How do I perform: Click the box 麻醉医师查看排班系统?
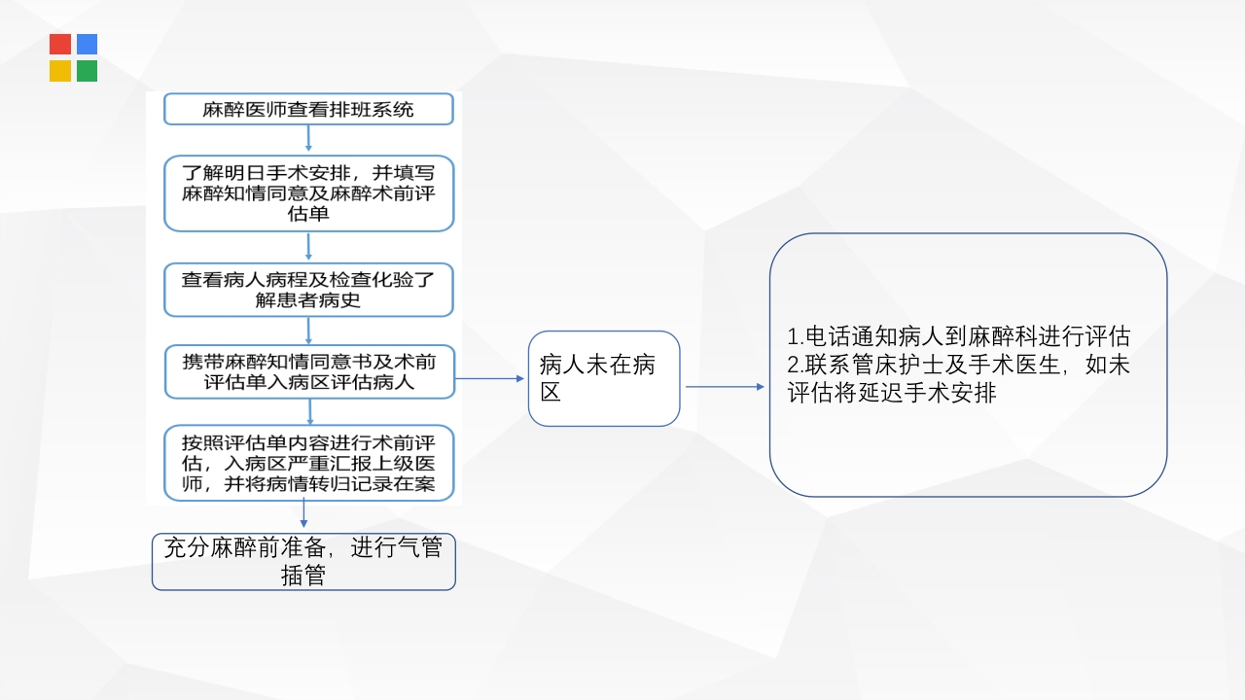click(x=308, y=110)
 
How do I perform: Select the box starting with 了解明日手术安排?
click(x=308, y=193)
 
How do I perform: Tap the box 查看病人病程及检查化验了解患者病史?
click(x=308, y=290)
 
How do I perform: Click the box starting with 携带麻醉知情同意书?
click(x=308, y=371)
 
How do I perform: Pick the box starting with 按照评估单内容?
click(x=308, y=463)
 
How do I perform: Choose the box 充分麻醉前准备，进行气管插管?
click(x=303, y=562)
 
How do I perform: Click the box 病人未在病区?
click(x=603, y=378)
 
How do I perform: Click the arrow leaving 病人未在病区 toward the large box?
click(x=726, y=386)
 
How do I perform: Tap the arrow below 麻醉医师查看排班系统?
click(x=308, y=139)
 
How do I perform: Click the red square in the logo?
click(x=60, y=45)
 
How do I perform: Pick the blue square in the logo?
click(x=87, y=45)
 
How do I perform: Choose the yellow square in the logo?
click(x=60, y=71)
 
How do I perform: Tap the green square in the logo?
click(x=87, y=71)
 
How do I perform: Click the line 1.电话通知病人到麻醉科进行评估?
click(x=958, y=336)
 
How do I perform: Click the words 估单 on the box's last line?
click(x=308, y=214)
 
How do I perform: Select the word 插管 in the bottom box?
click(x=303, y=576)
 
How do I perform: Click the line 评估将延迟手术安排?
click(x=892, y=394)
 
